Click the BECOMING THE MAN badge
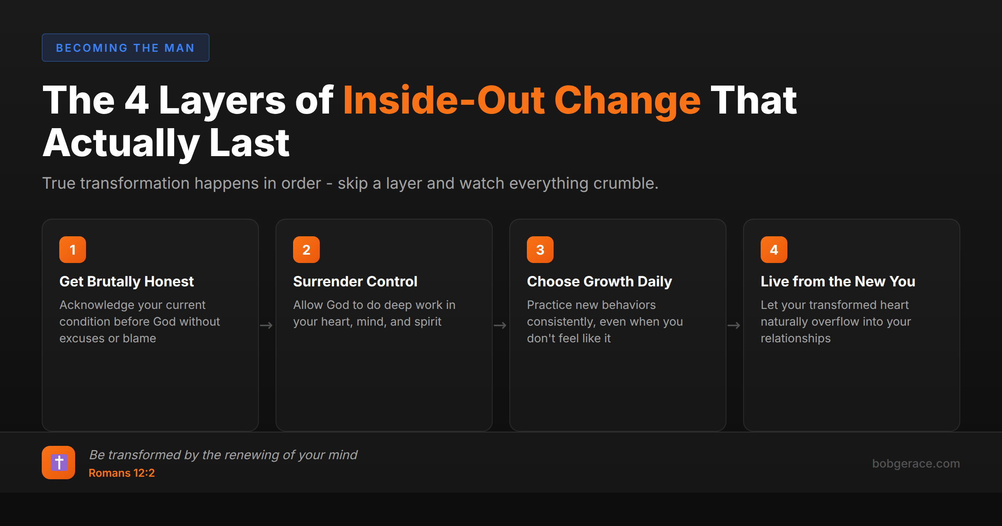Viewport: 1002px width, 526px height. pyautogui.click(x=125, y=48)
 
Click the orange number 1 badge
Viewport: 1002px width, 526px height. pyautogui.click(x=73, y=250)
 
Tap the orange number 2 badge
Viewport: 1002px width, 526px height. pyautogui.click(x=306, y=250)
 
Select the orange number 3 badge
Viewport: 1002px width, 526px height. pyautogui.click(x=540, y=250)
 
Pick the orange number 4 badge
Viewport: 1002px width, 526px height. pyautogui.click(x=774, y=250)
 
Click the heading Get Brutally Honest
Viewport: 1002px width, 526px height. pyautogui.click(x=127, y=281)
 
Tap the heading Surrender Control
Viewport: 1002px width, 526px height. pyautogui.click(x=355, y=281)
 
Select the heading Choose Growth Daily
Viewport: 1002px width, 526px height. pyautogui.click(x=600, y=281)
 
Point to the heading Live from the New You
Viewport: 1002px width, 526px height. pyautogui.click(x=838, y=281)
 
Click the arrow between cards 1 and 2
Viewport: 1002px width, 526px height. pyautogui.click(x=266, y=325)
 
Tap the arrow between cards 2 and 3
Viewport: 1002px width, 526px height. pyautogui.click(x=500, y=325)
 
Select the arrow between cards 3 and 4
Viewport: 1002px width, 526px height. pyautogui.click(x=734, y=325)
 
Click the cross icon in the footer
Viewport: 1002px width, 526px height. pyautogui.click(x=58, y=463)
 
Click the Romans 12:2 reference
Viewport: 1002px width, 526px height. pyautogui.click(x=121, y=473)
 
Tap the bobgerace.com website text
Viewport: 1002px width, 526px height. pyautogui.click(x=916, y=463)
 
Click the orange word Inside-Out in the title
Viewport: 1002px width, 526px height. pyautogui.click(x=444, y=100)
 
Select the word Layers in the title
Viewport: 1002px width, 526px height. pyautogui.click(x=222, y=100)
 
